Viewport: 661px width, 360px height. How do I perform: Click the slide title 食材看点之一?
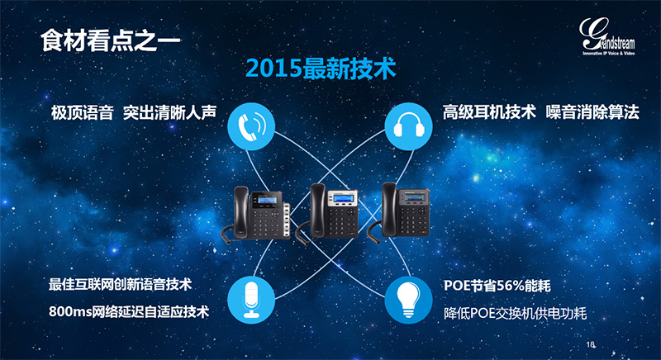tap(111, 40)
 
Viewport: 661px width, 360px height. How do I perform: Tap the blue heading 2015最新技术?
tap(321, 69)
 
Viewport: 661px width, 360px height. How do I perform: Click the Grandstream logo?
tap(607, 36)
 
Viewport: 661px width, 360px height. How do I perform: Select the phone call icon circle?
tap(251, 126)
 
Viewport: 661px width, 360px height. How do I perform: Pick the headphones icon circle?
tap(408, 126)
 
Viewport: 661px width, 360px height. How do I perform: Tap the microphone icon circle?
tap(251, 300)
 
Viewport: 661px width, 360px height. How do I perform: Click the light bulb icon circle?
tap(408, 300)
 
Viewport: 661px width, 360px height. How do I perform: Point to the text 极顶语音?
tap(82, 112)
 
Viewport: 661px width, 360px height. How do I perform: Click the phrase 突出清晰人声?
tap(170, 112)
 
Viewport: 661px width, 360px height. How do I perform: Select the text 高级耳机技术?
tap(489, 112)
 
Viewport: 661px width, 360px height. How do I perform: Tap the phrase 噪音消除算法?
tap(592, 112)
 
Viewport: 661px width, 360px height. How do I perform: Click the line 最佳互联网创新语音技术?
tap(120, 284)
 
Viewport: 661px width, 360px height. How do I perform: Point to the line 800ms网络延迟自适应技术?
tap(129, 311)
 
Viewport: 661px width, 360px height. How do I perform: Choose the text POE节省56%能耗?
tap(497, 286)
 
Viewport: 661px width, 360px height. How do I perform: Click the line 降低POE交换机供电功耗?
tap(515, 313)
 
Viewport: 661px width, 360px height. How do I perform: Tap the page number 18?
tap(590, 344)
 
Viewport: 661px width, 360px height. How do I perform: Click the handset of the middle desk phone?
tap(317, 211)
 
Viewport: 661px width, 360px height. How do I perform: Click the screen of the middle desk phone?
tap(343, 198)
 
